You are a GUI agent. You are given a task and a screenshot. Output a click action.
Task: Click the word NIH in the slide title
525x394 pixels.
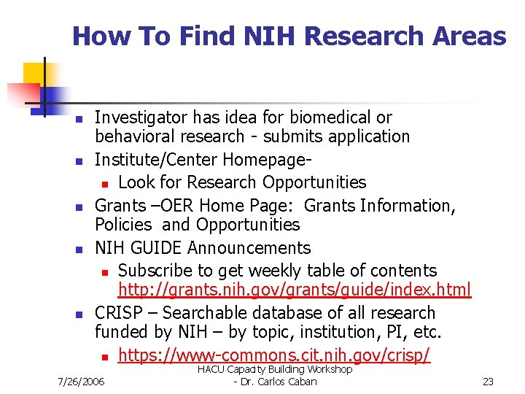click(279, 36)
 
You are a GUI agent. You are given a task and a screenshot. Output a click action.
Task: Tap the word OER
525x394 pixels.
click(171, 206)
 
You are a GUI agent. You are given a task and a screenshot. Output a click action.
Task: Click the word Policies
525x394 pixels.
click(123, 225)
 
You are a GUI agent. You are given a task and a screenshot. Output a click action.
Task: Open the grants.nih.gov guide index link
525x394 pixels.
click(295, 290)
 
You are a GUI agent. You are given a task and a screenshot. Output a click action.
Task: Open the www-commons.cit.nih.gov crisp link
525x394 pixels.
click(274, 356)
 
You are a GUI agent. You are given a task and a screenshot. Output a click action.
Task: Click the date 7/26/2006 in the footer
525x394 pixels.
click(81, 382)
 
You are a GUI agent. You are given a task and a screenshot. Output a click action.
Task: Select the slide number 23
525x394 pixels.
click(489, 382)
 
